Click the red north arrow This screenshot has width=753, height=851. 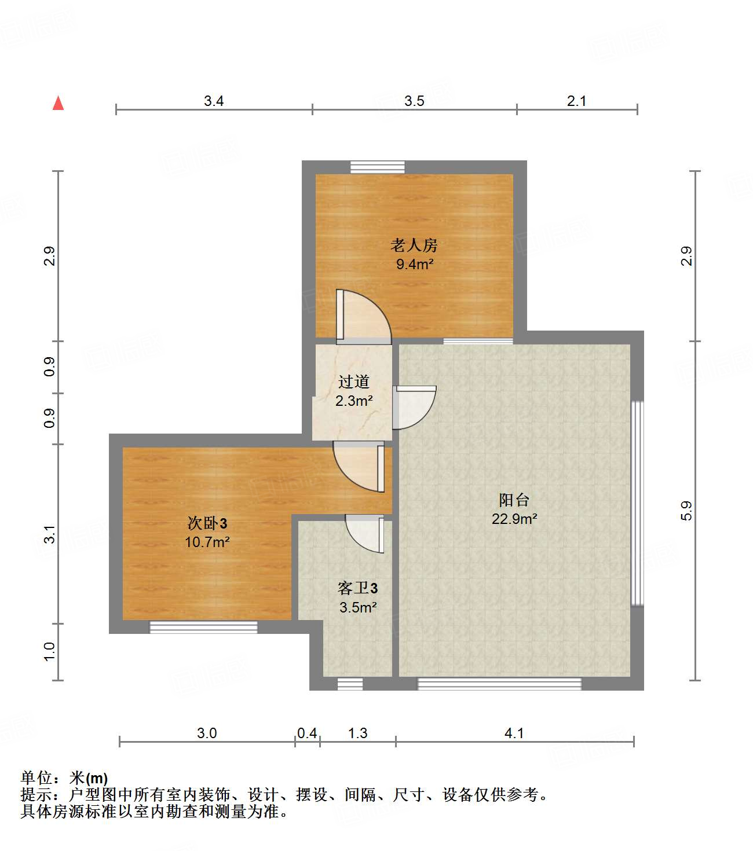(x=58, y=103)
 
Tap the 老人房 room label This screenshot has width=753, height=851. (x=414, y=245)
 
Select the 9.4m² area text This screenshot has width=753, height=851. (x=415, y=265)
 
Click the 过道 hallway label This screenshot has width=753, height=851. (x=353, y=382)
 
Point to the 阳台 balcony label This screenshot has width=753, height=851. (x=514, y=500)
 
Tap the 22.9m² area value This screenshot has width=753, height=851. (x=514, y=519)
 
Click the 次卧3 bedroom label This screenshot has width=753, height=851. (x=207, y=523)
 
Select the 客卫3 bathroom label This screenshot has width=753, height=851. (x=357, y=588)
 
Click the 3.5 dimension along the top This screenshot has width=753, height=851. (x=414, y=101)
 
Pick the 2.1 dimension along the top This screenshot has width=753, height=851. (x=576, y=101)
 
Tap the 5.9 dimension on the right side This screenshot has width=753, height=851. (x=686, y=511)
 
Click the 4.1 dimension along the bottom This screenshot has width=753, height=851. (x=514, y=733)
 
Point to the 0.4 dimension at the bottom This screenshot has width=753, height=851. (x=307, y=733)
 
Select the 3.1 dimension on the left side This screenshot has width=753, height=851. (x=50, y=534)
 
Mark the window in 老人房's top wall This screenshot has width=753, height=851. (x=378, y=167)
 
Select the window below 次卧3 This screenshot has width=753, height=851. (x=203, y=627)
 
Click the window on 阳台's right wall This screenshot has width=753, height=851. (x=637, y=503)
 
